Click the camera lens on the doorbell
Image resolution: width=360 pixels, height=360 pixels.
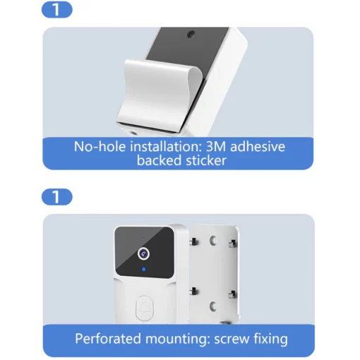pos(143,251)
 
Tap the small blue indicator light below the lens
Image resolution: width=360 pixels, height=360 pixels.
pos(143,270)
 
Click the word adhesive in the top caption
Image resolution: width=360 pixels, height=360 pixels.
pos(258,147)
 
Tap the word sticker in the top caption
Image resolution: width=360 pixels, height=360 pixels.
pos(205,161)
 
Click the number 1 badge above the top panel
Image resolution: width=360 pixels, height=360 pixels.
pos(57,10)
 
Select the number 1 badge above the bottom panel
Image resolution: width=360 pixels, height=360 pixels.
pos(57,197)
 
